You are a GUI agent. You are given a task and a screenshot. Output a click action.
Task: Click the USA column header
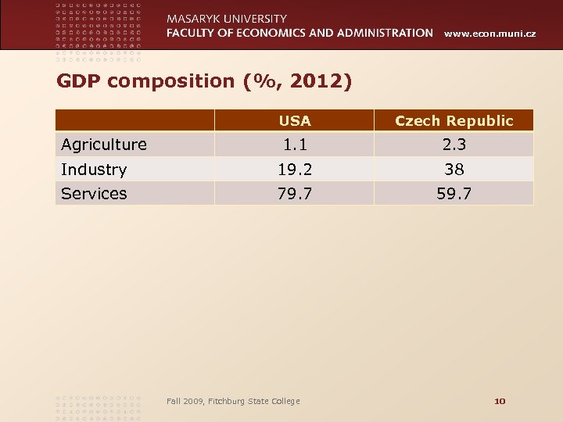295,121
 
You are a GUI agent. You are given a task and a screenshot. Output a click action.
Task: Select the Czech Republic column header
454,121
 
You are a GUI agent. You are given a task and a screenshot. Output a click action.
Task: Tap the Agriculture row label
104,145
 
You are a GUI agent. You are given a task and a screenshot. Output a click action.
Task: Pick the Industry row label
94,170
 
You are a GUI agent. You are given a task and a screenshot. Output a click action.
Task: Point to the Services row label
94,194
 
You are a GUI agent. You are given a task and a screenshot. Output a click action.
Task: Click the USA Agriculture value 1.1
295,145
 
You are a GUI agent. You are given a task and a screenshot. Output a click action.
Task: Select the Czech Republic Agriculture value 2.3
454,145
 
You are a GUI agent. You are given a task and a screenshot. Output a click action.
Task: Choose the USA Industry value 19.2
295,170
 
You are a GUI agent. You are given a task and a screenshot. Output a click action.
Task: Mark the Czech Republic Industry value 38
454,170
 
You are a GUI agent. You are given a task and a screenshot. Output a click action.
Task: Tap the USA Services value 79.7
295,194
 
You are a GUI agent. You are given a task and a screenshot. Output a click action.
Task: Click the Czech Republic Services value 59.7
454,194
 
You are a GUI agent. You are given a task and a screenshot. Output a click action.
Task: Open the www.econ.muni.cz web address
490,34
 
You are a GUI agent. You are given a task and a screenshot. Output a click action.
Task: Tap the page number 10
500,401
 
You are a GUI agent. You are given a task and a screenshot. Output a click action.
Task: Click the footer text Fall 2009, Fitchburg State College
233,401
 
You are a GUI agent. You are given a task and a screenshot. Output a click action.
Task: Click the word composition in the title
173,80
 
